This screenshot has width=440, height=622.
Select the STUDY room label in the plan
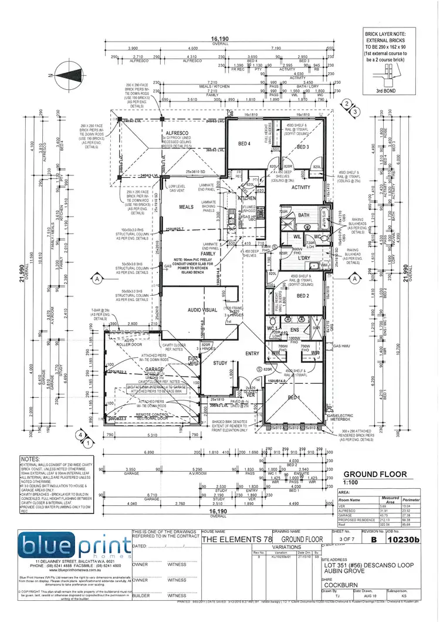point(220,363)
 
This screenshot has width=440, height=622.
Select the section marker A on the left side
point(94,280)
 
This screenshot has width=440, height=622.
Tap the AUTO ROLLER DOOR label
point(126,342)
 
